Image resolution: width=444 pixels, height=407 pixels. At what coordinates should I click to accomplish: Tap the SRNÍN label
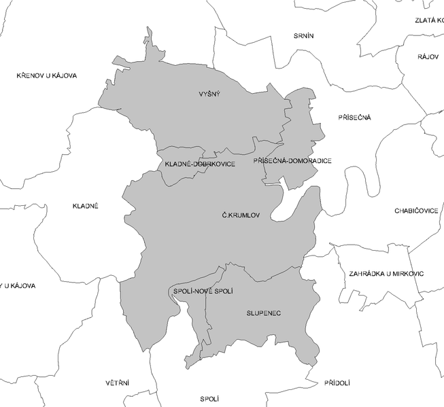click(304, 35)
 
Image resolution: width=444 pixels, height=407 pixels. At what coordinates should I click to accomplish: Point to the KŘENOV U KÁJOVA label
click(47, 75)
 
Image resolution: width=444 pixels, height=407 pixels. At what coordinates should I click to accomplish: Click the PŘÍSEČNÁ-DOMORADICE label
click(292, 161)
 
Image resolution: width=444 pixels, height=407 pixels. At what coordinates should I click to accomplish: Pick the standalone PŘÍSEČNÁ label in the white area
click(354, 118)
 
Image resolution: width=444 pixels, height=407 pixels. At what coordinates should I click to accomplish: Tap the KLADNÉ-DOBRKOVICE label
click(200, 164)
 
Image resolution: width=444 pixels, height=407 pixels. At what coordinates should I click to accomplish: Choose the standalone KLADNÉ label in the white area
click(86, 205)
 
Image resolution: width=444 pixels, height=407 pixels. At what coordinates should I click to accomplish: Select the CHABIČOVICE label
click(416, 211)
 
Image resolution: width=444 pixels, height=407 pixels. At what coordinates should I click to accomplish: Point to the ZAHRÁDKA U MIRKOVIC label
click(386, 273)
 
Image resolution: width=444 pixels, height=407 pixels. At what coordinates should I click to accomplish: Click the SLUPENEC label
click(264, 313)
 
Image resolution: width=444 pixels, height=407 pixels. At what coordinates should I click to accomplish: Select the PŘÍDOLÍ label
click(337, 383)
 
